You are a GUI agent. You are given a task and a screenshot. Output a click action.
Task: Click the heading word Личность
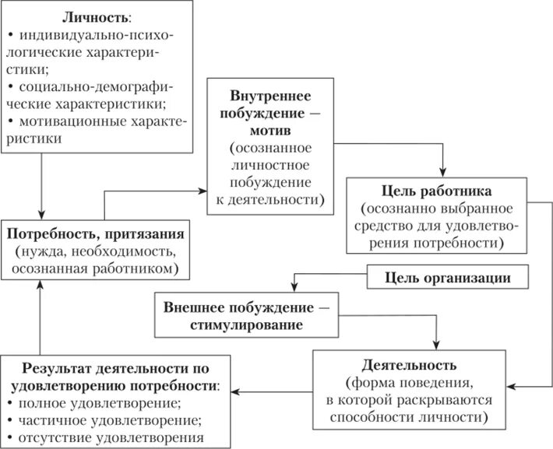(x=83, y=17)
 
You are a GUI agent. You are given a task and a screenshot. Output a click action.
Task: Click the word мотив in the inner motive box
(x=271, y=130)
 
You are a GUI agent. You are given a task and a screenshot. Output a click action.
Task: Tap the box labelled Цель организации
(x=449, y=277)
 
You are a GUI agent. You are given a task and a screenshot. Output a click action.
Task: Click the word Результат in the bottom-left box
(x=56, y=368)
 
